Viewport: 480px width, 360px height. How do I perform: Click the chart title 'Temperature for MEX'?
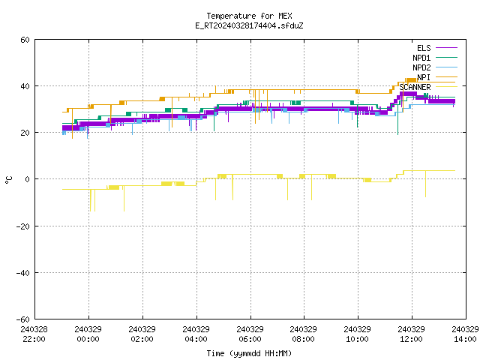[249, 16]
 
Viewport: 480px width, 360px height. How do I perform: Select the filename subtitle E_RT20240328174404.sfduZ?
[249, 25]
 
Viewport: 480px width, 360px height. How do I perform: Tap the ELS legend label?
[424, 48]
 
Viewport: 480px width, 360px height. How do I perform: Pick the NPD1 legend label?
[421, 58]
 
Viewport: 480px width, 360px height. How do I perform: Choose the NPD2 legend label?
[421, 67]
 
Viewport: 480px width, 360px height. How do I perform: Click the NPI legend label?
[424, 77]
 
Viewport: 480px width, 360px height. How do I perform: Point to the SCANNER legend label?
[415, 87]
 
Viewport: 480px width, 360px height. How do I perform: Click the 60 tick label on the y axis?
[25, 40]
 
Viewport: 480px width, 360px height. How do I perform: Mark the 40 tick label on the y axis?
[25, 86]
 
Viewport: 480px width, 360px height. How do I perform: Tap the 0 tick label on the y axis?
[28, 179]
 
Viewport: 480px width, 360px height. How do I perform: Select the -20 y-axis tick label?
[23, 226]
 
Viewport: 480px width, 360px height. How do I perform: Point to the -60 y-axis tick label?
[23, 319]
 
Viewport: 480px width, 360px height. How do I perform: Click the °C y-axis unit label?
[9, 180]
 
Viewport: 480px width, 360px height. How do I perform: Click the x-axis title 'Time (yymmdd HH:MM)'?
[249, 353]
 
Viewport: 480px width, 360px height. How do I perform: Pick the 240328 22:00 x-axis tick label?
[34, 334]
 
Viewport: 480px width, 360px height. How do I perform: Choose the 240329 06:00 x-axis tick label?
[250, 334]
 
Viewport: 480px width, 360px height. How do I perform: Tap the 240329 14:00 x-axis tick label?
[465, 334]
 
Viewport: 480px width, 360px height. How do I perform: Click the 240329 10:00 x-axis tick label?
[357, 334]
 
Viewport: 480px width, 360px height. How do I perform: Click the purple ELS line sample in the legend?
[447, 48]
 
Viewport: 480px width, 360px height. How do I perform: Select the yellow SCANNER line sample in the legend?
[447, 87]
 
